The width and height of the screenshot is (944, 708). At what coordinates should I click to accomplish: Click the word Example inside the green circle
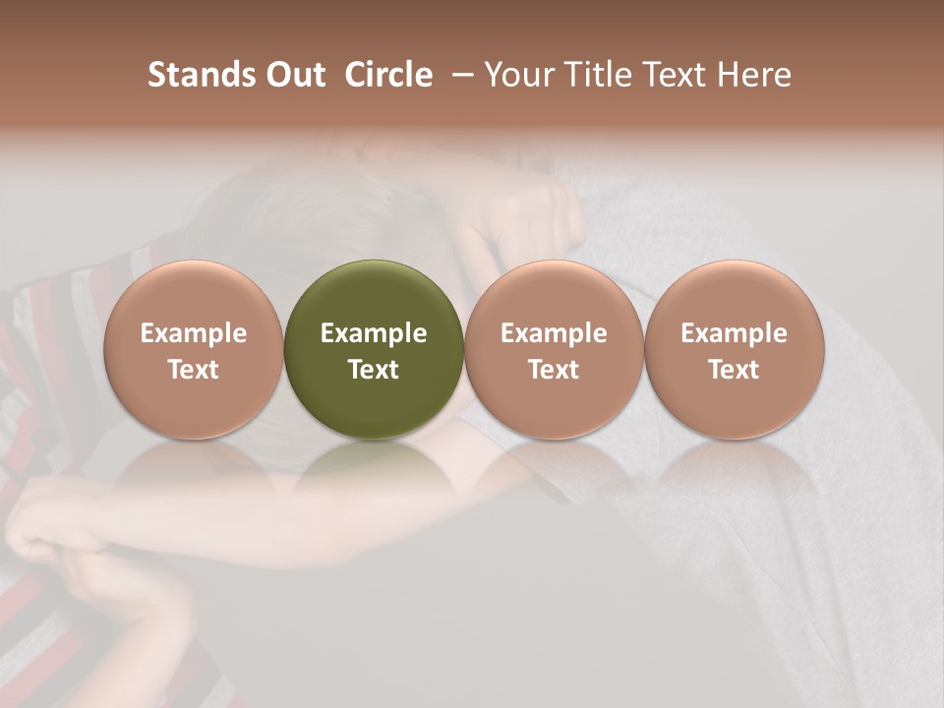tap(374, 333)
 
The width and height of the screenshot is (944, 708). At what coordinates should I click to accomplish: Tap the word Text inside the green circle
tap(374, 370)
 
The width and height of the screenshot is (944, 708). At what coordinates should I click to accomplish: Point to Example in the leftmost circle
tap(193, 333)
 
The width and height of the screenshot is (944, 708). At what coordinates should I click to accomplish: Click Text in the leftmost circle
tap(193, 370)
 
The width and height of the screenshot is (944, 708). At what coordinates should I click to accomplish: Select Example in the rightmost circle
tap(734, 333)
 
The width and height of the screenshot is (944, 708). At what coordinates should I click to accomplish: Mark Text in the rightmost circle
tap(734, 370)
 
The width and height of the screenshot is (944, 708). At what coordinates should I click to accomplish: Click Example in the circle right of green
tap(554, 333)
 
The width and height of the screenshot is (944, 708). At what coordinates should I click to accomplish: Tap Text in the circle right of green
tap(554, 370)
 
